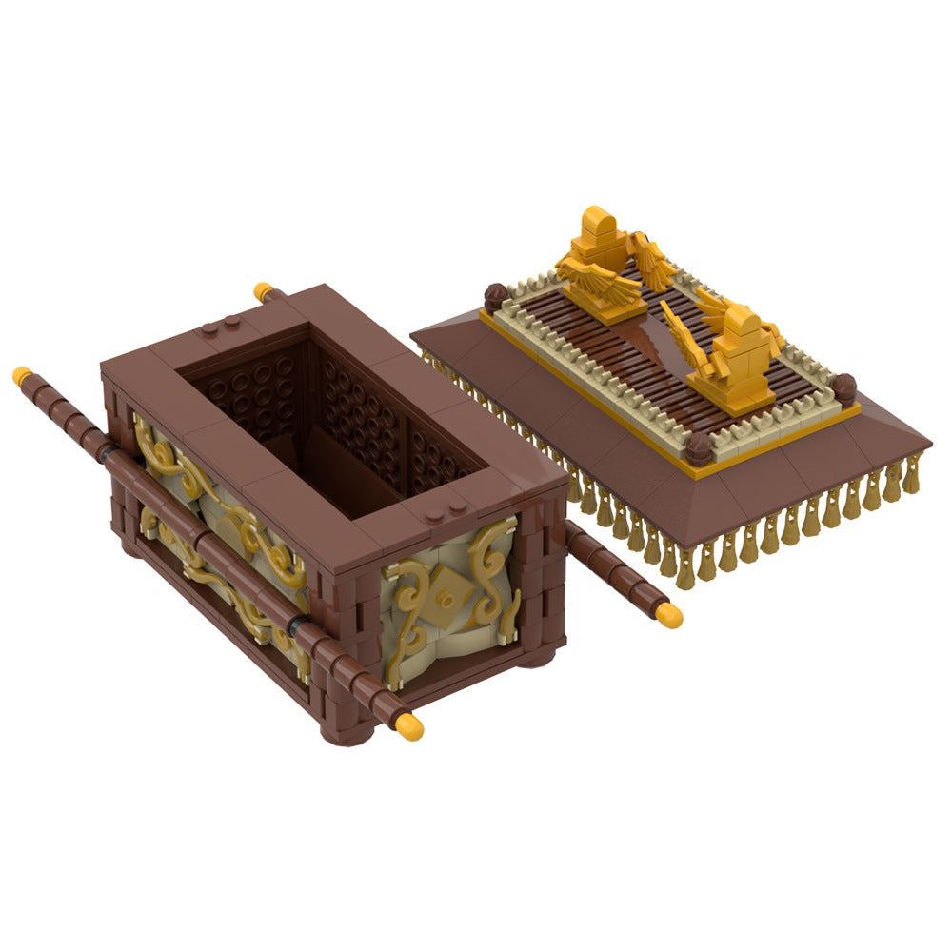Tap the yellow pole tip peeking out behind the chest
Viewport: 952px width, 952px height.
(263, 291)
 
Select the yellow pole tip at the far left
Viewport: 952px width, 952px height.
(22, 376)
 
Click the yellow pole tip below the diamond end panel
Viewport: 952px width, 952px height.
(408, 726)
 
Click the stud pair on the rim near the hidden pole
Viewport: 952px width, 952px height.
(220, 327)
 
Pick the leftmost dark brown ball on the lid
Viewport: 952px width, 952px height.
(494, 297)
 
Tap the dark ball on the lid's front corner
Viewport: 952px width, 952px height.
(698, 449)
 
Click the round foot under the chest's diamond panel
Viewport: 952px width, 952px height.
(535, 657)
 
